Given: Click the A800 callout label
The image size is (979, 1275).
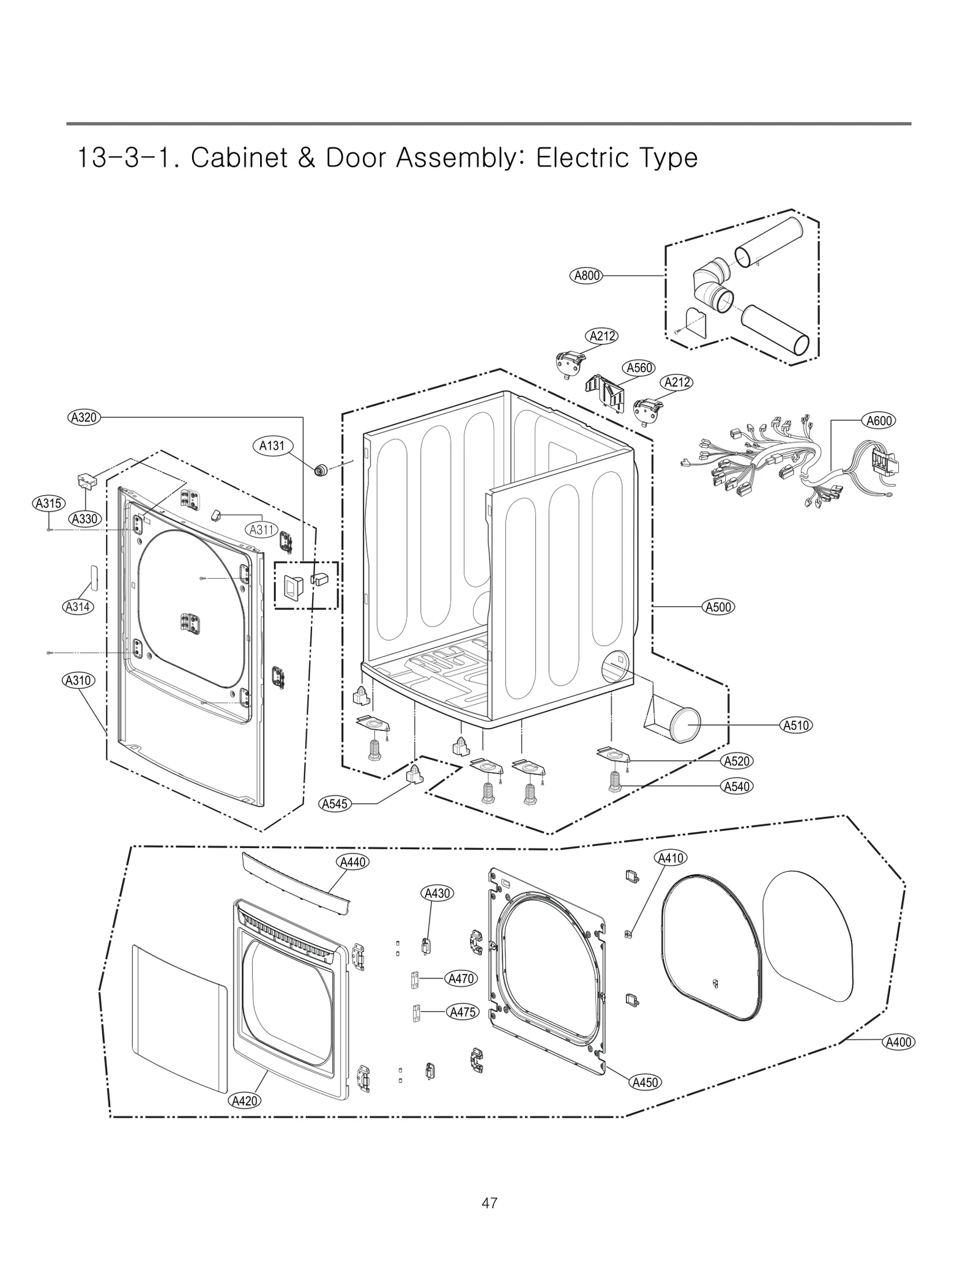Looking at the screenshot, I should click(x=586, y=275).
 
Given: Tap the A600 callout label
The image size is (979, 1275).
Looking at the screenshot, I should click(x=879, y=421).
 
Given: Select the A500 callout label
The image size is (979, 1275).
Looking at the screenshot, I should click(x=718, y=607).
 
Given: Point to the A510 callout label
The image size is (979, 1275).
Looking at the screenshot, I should click(x=796, y=726).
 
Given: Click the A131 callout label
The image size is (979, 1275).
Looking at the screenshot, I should click(x=272, y=445).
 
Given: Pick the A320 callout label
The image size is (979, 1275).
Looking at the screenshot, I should click(x=84, y=418).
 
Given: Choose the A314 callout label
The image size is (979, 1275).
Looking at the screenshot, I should click(x=78, y=607).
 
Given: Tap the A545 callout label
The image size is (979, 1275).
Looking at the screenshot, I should click(x=335, y=804).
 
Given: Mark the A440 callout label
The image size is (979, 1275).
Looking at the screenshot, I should click(x=352, y=862).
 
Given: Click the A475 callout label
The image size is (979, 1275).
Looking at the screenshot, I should click(x=462, y=1012).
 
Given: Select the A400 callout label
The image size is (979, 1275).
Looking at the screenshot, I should click(x=898, y=1042).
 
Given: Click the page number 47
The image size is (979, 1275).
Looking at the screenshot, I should click(x=489, y=1203).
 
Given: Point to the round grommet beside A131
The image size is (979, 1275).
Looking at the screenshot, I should click(x=319, y=470).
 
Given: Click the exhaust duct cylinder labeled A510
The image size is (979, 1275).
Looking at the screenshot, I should click(x=683, y=725).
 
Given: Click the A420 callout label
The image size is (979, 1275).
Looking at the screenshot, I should click(x=244, y=1101).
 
